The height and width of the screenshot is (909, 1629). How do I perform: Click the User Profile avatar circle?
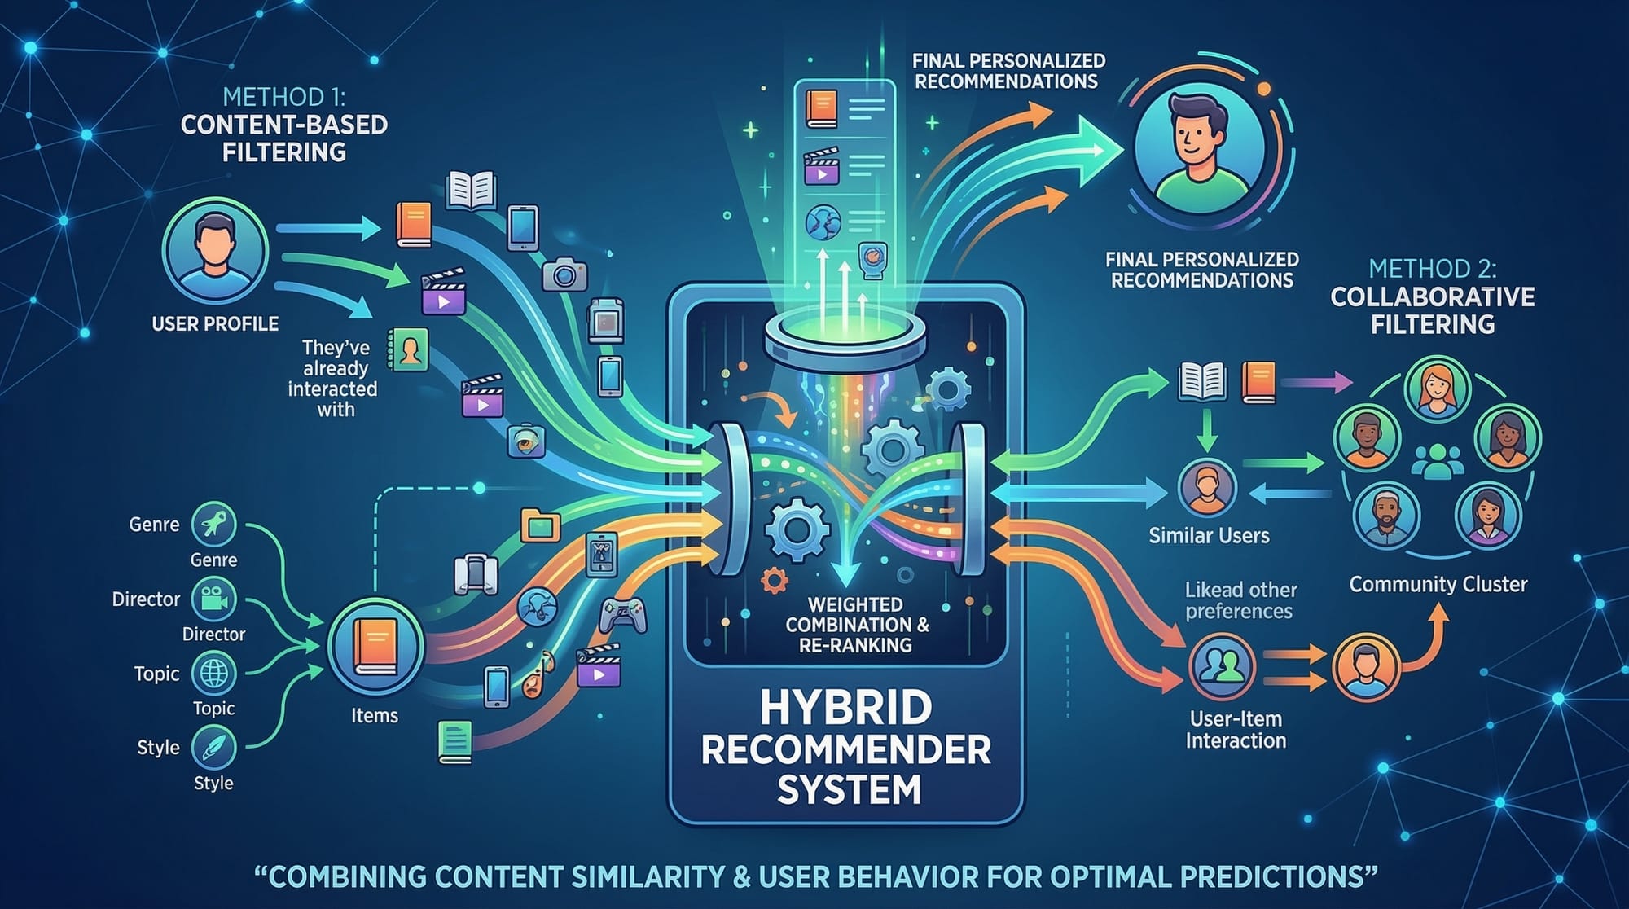(x=215, y=250)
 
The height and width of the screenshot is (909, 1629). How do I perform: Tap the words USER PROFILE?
(x=215, y=323)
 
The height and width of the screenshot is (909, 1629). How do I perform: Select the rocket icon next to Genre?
(x=213, y=524)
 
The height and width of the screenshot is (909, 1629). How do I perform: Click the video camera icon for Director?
(x=213, y=599)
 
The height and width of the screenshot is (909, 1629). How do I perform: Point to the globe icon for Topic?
(x=213, y=674)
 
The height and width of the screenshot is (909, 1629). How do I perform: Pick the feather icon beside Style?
(x=213, y=748)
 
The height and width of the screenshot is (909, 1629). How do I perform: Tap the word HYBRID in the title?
(x=845, y=707)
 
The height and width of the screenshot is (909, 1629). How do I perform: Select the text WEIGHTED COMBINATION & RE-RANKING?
(x=856, y=625)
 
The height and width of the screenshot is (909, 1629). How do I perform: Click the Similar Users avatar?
(x=1207, y=487)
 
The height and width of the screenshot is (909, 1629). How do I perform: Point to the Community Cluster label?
(x=1438, y=584)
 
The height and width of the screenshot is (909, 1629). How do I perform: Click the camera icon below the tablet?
(x=564, y=274)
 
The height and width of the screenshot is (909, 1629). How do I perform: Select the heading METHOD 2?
(x=1432, y=268)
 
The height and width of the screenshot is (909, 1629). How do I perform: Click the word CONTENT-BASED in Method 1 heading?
(x=283, y=125)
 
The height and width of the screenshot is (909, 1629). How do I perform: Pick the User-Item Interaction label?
(x=1236, y=730)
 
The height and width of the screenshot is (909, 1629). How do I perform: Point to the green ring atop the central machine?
(x=845, y=336)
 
